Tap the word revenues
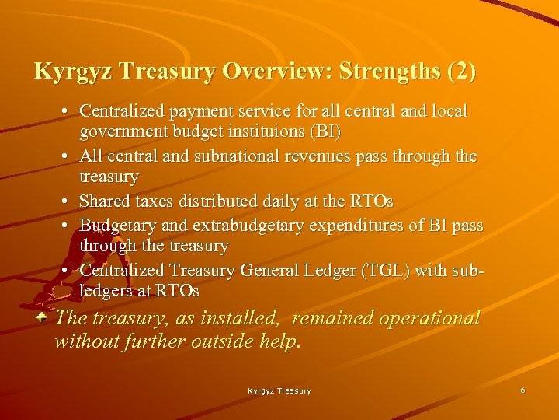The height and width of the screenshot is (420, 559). click(327, 156)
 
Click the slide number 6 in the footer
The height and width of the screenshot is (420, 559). click(523, 390)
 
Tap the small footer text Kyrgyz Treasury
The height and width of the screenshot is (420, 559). click(279, 390)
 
